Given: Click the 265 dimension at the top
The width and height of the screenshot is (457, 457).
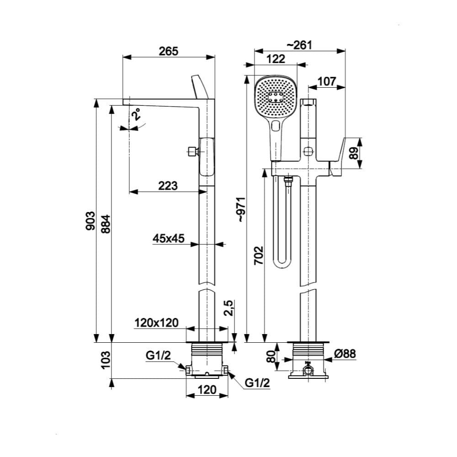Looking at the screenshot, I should coord(169,51).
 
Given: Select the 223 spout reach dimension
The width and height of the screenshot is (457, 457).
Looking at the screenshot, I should coord(168,186).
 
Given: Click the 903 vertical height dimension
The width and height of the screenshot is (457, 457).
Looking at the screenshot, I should coord(91,221).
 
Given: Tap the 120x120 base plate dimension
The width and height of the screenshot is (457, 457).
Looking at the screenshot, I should coord(156,323).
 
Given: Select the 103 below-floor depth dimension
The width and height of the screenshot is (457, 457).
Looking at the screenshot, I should coord(106,361).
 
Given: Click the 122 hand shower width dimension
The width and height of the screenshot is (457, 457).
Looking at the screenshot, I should coord(276,58).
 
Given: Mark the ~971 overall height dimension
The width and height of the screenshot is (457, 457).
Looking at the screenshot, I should coord(242,210).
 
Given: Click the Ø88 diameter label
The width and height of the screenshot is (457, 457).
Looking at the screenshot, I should coord(345,353).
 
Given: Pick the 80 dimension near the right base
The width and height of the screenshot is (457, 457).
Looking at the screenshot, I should coord(273,356).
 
